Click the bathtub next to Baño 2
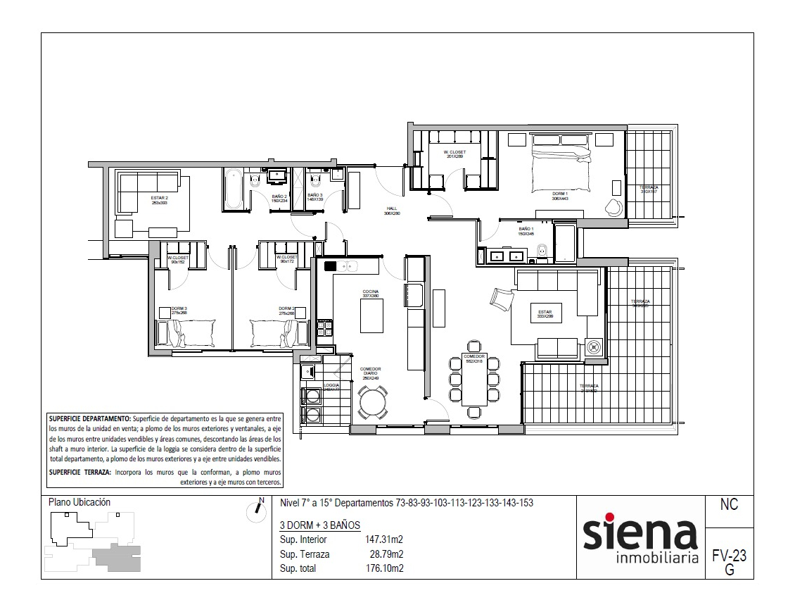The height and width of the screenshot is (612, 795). click(234, 189)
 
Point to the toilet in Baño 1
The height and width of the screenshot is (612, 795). click(542, 251)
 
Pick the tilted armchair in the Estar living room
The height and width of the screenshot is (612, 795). click(503, 299)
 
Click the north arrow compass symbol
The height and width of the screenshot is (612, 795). click(256, 512)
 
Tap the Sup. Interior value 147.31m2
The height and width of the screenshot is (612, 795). click(383, 540)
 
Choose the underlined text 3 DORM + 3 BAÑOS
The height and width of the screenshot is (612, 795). click(319, 525)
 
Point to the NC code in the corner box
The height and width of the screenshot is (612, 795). click(729, 505)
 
